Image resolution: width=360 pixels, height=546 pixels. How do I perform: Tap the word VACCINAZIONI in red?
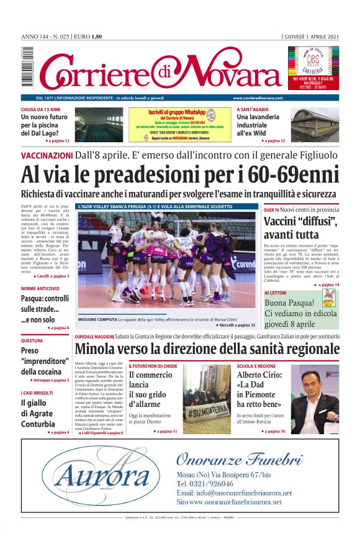(47, 155)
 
